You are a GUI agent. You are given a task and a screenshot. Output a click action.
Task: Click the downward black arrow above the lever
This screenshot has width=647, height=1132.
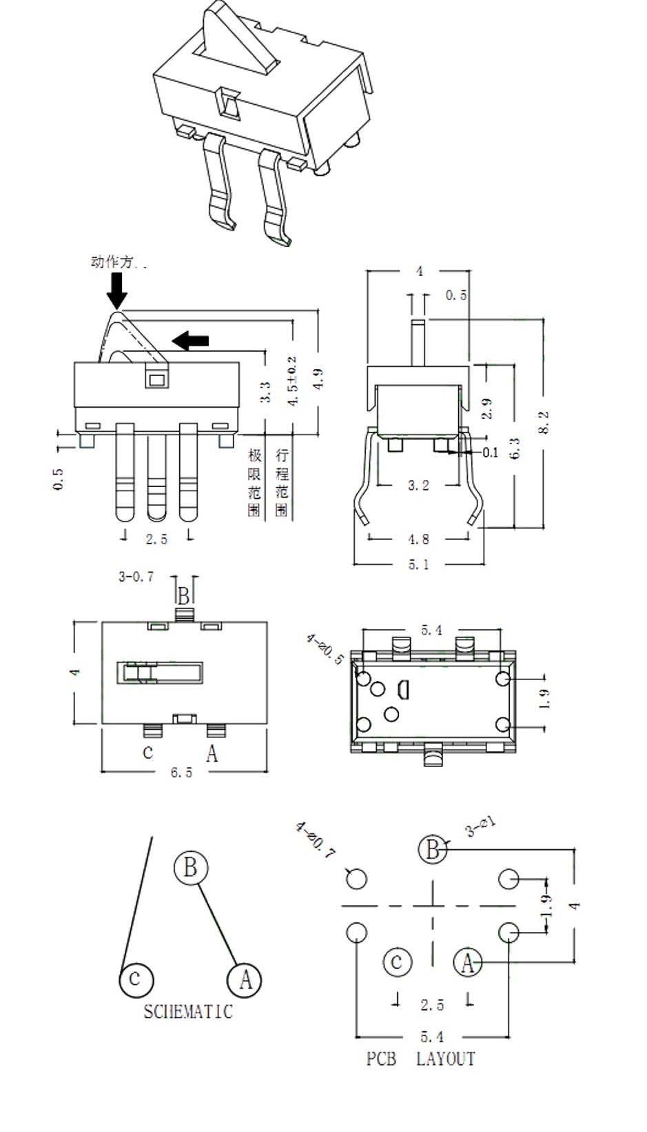(117, 290)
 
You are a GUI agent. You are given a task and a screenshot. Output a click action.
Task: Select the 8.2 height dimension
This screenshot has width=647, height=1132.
(544, 421)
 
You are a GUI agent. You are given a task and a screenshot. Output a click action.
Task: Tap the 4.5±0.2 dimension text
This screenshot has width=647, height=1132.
(292, 381)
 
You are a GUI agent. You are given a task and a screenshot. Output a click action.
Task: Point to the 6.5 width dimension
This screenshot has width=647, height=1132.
(181, 773)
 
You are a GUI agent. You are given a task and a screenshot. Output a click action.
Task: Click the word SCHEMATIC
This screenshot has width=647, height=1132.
(188, 1012)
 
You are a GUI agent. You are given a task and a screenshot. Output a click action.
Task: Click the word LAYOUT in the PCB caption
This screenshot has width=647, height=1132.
(446, 1059)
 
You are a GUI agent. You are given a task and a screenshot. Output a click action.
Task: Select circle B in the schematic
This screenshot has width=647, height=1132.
(191, 866)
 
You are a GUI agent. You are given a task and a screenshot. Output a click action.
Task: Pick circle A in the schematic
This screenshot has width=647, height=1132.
(245, 980)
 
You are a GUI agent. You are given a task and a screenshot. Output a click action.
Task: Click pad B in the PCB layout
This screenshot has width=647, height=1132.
(432, 848)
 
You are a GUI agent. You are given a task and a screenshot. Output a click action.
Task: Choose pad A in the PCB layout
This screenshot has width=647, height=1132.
(468, 962)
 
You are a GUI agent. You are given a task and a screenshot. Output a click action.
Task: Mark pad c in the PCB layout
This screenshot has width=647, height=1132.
(397, 962)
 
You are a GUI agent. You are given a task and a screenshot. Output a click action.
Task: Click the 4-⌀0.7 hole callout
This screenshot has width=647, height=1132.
(315, 840)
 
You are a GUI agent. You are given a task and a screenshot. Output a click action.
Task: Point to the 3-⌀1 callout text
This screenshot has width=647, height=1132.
(481, 826)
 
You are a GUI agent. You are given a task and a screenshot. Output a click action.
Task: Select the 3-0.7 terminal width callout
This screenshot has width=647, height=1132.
(136, 577)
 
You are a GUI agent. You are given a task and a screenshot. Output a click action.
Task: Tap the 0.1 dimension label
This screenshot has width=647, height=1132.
(490, 453)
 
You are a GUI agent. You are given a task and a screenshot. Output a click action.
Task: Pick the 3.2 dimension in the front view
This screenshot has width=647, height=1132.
(418, 486)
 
